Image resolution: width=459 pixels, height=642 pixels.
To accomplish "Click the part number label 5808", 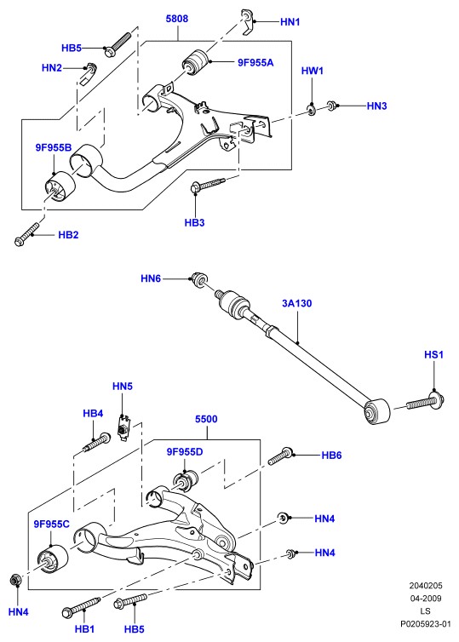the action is pos(177,19).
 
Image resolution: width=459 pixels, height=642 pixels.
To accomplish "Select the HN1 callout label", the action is pos(290,21).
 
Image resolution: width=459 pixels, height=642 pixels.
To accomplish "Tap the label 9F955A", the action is pos(255,62).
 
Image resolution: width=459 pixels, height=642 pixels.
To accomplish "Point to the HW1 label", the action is pos(313,71).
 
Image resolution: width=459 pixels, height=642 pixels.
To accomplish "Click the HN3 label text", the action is pos(376,106).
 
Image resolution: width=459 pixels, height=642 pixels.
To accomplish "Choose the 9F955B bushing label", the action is pos(54,147).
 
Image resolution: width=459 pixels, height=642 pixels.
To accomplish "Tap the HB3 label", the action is pos(194,223).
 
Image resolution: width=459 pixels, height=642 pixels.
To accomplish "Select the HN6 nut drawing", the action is pos(200,278).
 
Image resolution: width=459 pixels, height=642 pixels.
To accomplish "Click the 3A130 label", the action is pos(297,303).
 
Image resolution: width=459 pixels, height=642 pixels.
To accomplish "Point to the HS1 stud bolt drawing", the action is pos(426,401).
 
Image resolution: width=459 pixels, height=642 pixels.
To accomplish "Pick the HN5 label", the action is pos(123,386).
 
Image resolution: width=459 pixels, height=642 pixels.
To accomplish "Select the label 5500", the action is pos(206,419).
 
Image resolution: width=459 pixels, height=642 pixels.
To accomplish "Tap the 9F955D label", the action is pos(185,451).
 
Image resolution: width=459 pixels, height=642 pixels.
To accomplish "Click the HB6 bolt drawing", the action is pos(281,456).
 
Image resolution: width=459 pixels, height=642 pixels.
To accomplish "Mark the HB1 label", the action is pos(84,629).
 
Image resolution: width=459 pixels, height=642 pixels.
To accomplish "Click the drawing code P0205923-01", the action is pos(426,624).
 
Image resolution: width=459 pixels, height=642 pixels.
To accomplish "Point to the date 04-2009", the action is pos(426,599).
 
